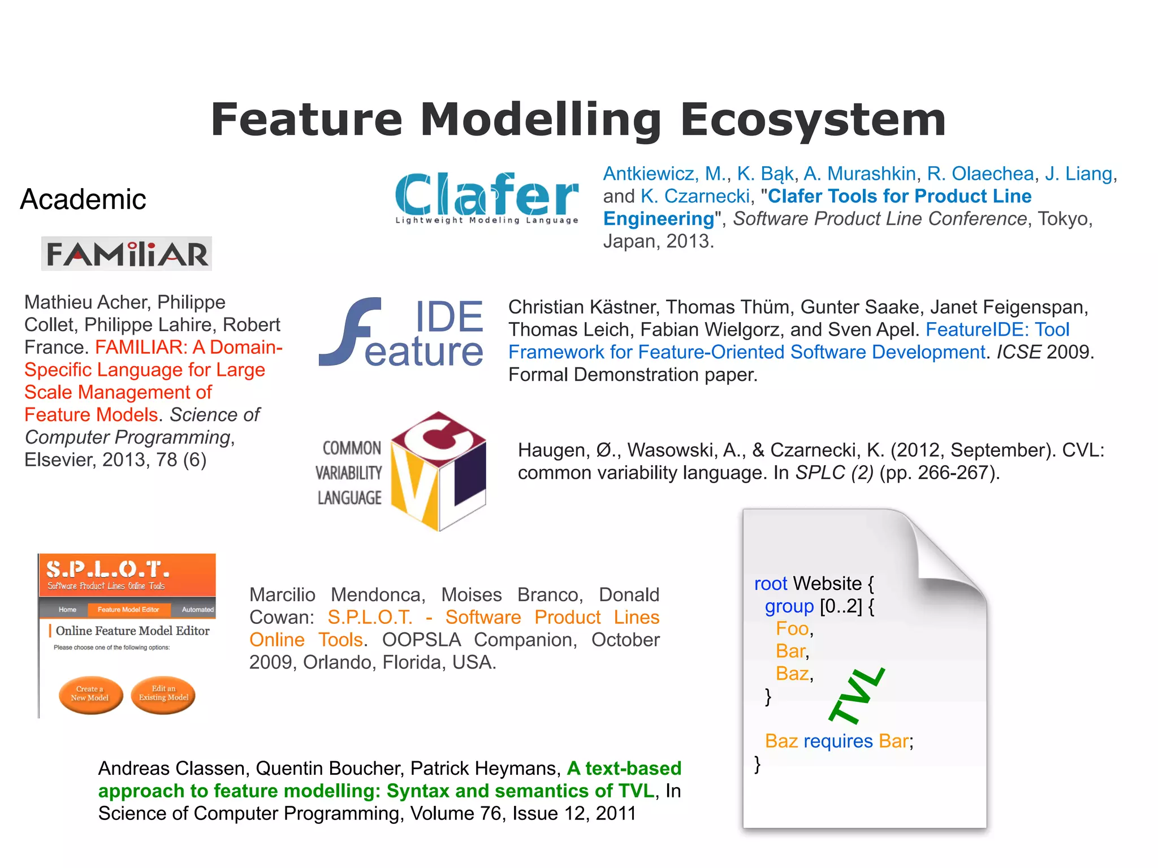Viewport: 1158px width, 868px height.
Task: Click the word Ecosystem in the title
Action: (x=813, y=120)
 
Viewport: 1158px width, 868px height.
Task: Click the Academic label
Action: (x=83, y=199)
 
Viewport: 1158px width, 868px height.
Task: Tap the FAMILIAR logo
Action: (x=127, y=254)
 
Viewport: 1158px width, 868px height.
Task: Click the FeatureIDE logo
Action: (x=401, y=333)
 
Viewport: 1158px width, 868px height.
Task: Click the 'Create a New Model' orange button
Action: (x=90, y=694)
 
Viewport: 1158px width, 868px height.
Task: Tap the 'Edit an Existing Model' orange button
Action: (x=163, y=694)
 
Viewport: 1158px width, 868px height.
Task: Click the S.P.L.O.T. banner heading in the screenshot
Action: (x=107, y=569)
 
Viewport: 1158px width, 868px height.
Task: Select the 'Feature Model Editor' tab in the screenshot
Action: (x=128, y=610)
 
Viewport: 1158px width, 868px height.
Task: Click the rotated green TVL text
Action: (x=857, y=696)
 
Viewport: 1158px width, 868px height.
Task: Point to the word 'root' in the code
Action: (x=770, y=584)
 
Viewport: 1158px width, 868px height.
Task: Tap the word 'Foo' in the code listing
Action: (x=792, y=628)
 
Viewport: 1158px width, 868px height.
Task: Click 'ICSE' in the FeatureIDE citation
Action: (x=1018, y=352)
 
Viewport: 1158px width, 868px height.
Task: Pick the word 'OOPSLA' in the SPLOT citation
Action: (x=421, y=640)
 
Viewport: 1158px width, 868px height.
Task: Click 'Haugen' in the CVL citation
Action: (x=551, y=450)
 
